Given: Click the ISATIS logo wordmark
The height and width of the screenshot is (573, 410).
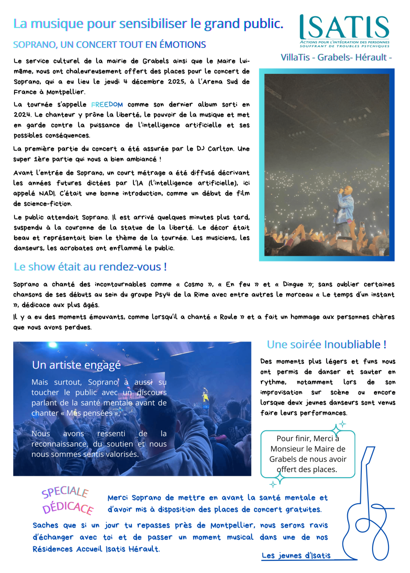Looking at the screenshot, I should pyautogui.click(x=344, y=28).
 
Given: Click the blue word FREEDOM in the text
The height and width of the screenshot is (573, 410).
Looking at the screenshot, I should pyautogui.click(x=107, y=104).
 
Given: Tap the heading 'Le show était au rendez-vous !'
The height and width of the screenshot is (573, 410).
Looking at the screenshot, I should pyautogui.click(x=90, y=267).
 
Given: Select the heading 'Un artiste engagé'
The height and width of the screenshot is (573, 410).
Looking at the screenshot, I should pyautogui.click(x=76, y=365).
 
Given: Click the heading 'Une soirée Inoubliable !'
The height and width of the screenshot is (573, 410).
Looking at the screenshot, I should pyautogui.click(x=327, y=345).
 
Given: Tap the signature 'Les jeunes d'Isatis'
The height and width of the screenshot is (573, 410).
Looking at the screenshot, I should pyautogui.click(x=296, y=556).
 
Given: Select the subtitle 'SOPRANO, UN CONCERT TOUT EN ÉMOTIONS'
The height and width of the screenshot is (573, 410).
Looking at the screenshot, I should pyautogui.click(x=110, y=45).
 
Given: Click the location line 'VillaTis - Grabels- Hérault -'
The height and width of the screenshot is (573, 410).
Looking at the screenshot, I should pyautogui.click(x=336, y=57).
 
